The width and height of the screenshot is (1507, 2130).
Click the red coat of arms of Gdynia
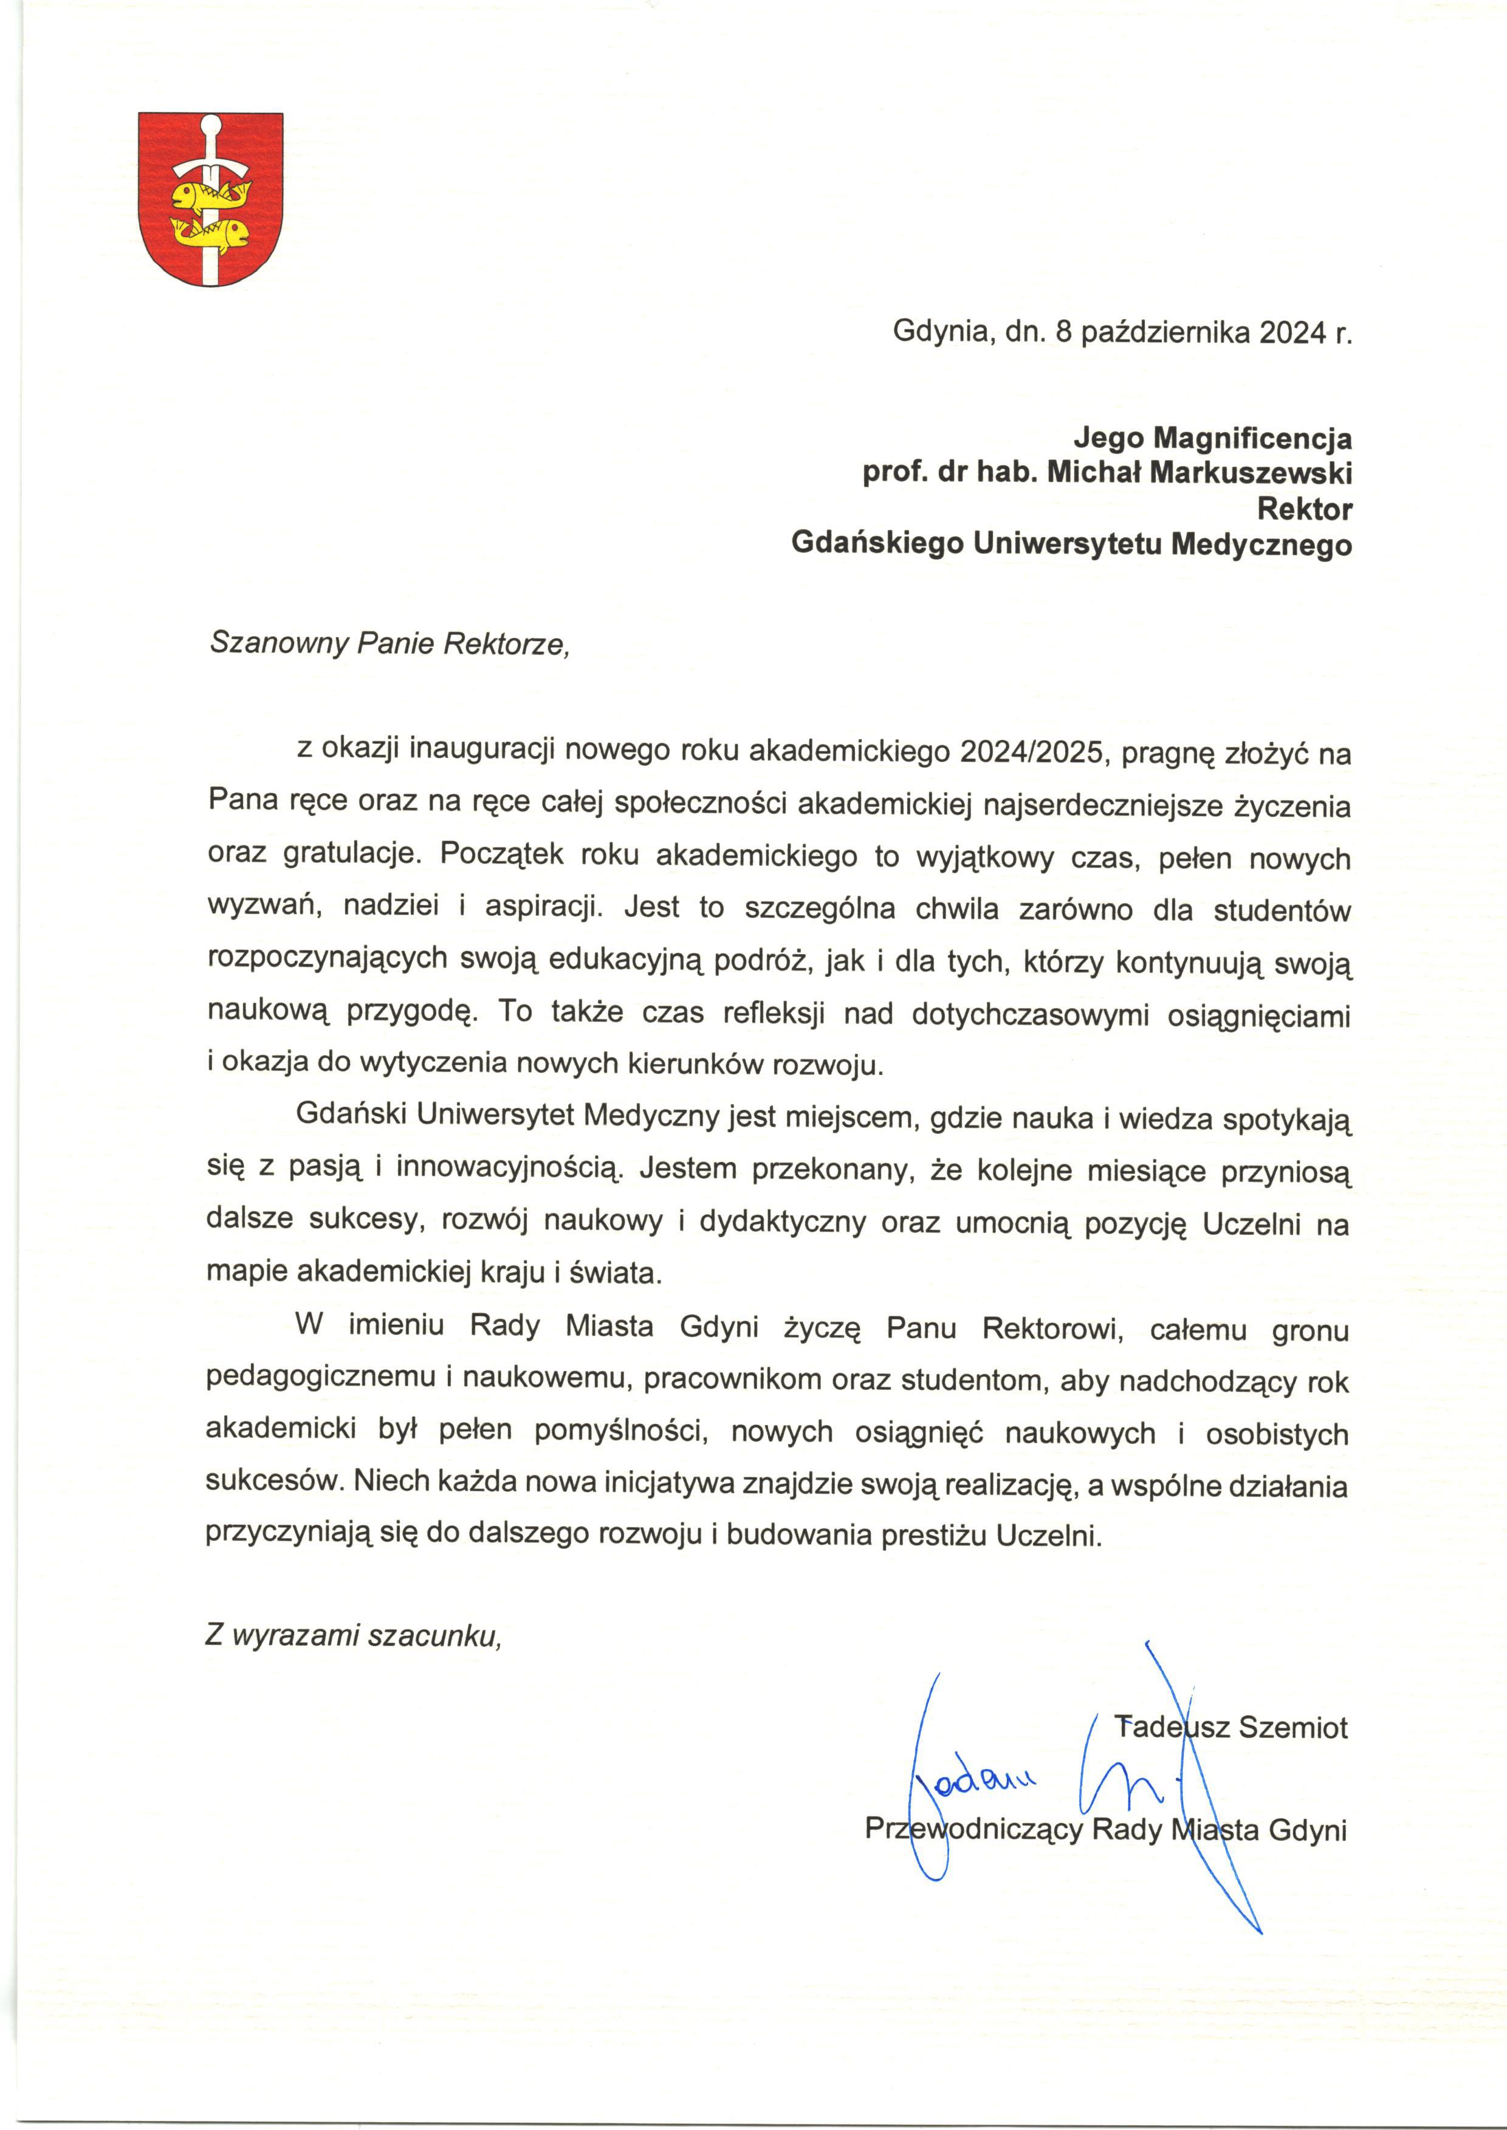coord(211,199)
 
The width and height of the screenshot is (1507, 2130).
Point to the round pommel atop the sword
coord(211,125)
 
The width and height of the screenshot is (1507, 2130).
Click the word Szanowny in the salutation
coord(278,643)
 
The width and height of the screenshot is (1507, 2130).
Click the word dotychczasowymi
coord(1028,1014)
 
